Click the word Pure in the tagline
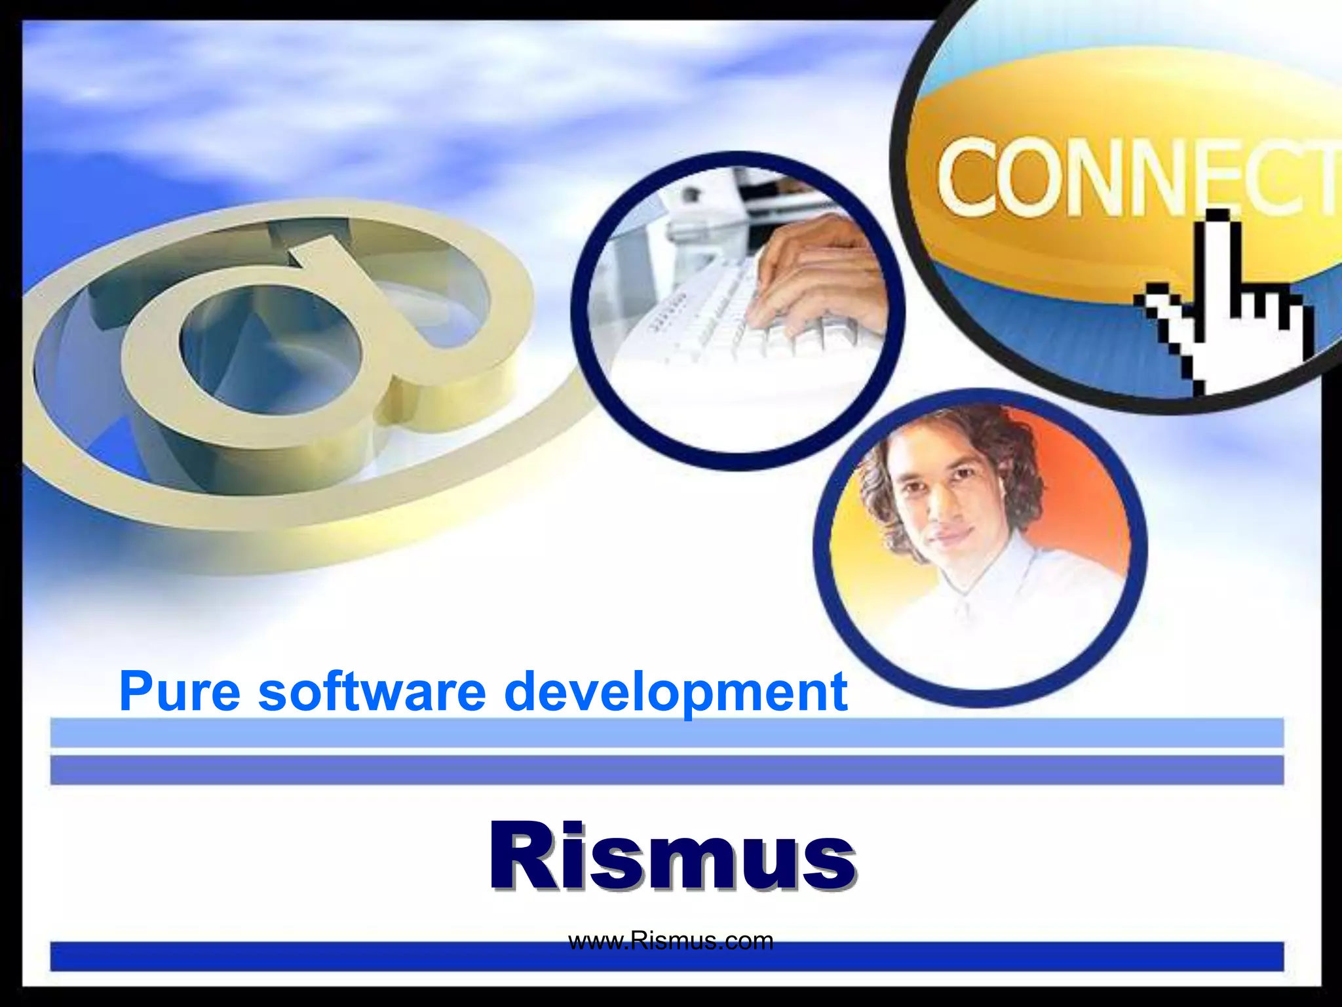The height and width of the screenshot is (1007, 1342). (180, 692)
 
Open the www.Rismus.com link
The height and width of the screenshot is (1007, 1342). (670, 941)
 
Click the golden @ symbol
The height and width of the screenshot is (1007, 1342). (275, 354)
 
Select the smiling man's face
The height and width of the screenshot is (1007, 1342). (950, 498)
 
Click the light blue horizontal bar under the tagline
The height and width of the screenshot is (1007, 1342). (666, 732)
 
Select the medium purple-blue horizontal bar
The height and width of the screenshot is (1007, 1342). (666, 770)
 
